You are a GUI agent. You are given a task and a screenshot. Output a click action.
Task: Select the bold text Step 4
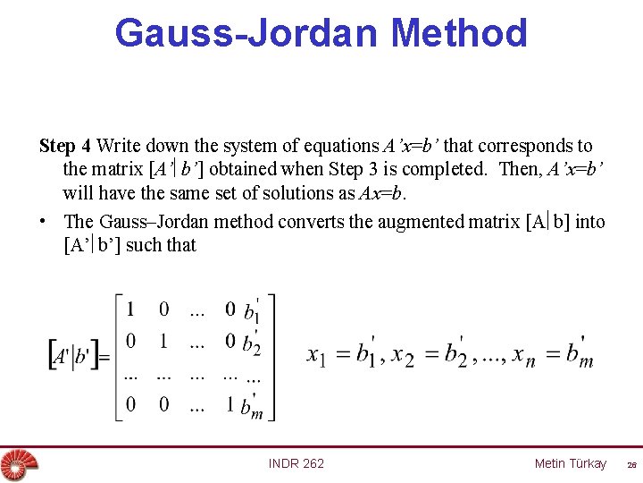(x=65, y=145)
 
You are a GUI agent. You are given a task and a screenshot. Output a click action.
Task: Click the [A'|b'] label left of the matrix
(x=76, y=356)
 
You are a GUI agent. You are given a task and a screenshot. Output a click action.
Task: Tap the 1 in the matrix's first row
(x=130, y=310)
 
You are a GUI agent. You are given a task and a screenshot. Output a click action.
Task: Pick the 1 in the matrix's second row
(x=163, y=341)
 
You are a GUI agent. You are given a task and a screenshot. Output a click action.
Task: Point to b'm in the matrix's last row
(x=253, y=407)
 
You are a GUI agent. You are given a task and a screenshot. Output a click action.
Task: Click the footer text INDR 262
(x=296, y=463)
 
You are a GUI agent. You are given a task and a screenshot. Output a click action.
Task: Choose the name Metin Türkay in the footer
(x=570, y=463)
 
